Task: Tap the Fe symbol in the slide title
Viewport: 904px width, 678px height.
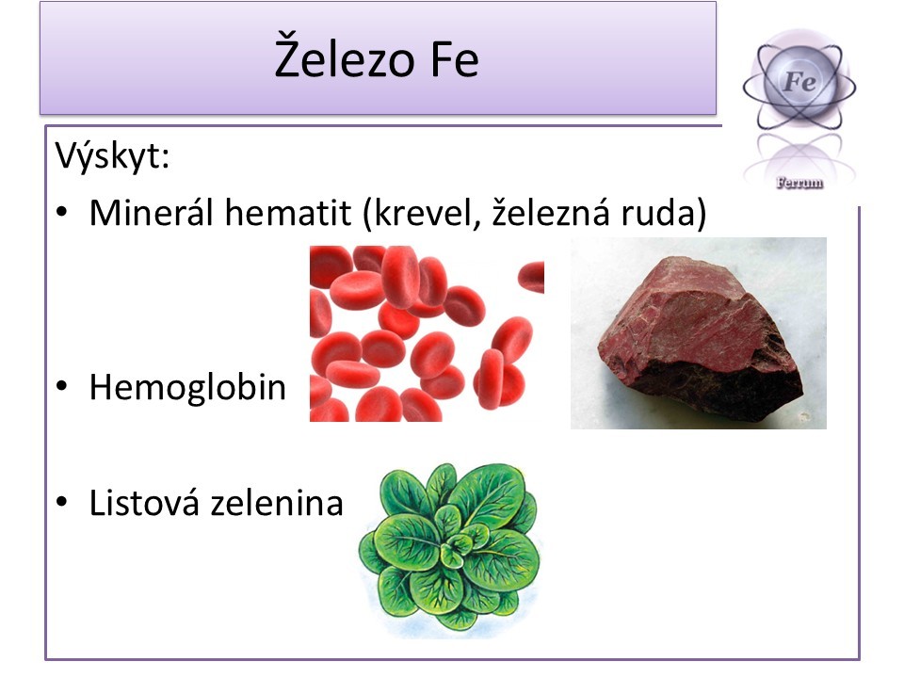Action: [x=454, y=60]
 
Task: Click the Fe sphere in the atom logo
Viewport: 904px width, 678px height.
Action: [x=799, y=80]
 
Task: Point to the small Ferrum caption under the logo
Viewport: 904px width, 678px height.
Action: [x=799, y=184]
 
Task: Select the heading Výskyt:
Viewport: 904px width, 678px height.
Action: [x=112, y=156]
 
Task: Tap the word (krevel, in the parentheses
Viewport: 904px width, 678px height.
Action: [x=422, y=214]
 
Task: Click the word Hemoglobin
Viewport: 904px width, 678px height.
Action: [x=187, y=386]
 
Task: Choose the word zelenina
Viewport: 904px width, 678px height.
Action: [x=277, y=502]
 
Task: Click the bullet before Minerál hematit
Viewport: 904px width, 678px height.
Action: [x=62, y=213]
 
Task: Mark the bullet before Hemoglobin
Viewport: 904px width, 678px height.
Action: [x=62, y=386]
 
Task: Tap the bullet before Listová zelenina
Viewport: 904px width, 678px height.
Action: [x=62, y=502]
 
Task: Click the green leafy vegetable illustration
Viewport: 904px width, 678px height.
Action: [x=448, y=548]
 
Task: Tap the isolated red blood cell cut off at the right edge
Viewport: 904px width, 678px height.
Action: [x=532, y=277]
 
